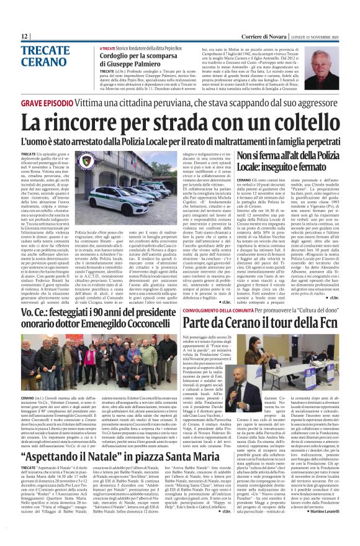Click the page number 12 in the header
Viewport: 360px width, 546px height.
coord(24,36)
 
